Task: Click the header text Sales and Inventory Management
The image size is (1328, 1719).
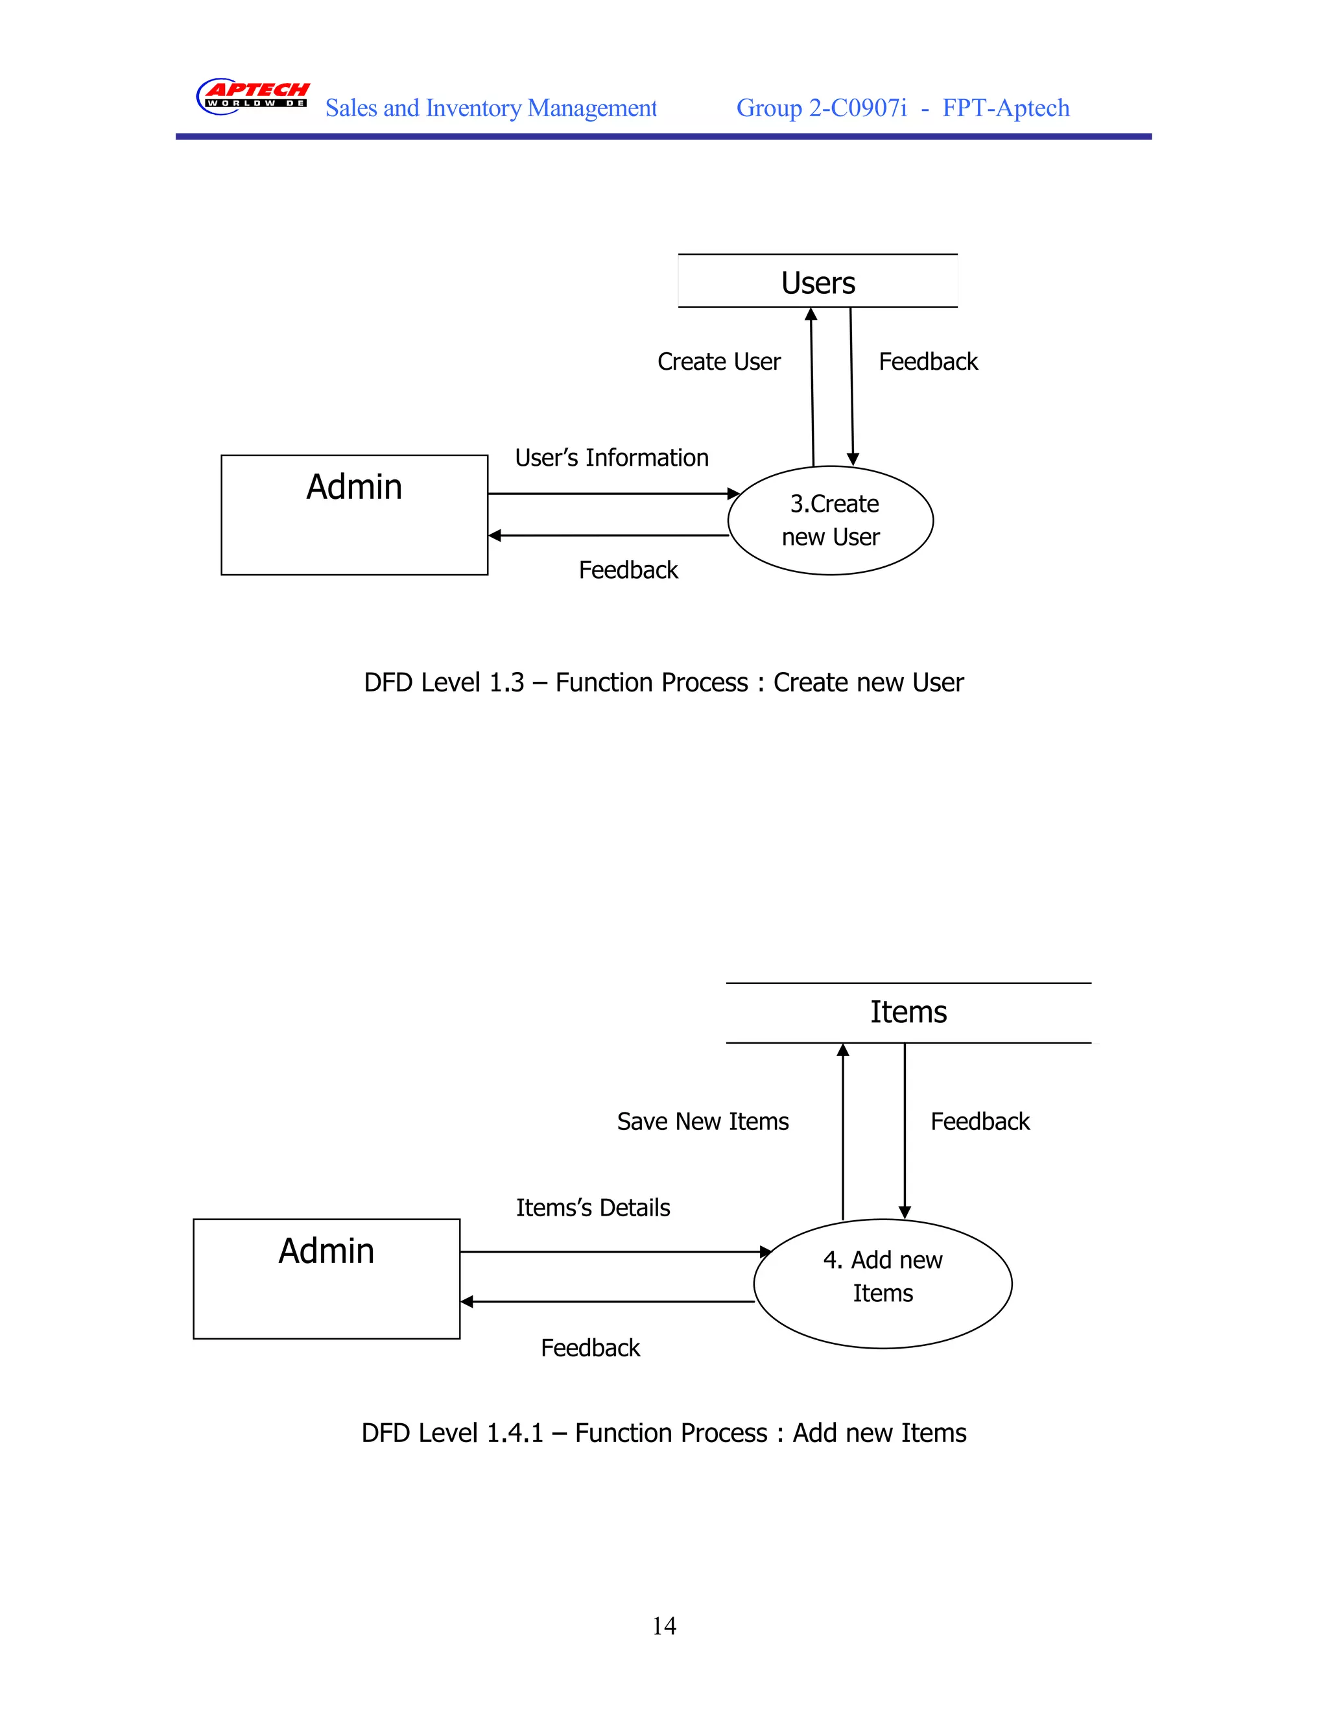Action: (491, 108)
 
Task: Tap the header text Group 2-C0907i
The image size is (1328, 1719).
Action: (822, 108)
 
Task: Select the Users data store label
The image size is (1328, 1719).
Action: (818, 283)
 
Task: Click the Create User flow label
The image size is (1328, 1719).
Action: (718, 361)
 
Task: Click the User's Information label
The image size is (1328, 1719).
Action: (611, 457)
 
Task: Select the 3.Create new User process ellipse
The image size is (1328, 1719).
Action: (830, 520)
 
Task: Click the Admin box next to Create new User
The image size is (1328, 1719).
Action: (354, 515)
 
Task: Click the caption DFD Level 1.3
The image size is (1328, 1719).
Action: (663, 682)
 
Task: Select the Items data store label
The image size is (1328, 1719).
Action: (908, 1012)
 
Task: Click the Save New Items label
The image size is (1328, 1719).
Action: (702, 1122)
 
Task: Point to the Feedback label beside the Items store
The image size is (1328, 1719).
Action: (980, 1122)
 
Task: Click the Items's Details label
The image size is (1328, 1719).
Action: (593, 1207)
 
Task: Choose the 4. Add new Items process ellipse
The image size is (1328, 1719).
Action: (882, 1284)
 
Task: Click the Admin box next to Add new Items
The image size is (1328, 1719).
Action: (327, 1279)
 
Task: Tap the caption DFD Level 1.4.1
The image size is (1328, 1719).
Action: (663, 1432)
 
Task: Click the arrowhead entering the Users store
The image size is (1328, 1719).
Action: (811, 314)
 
